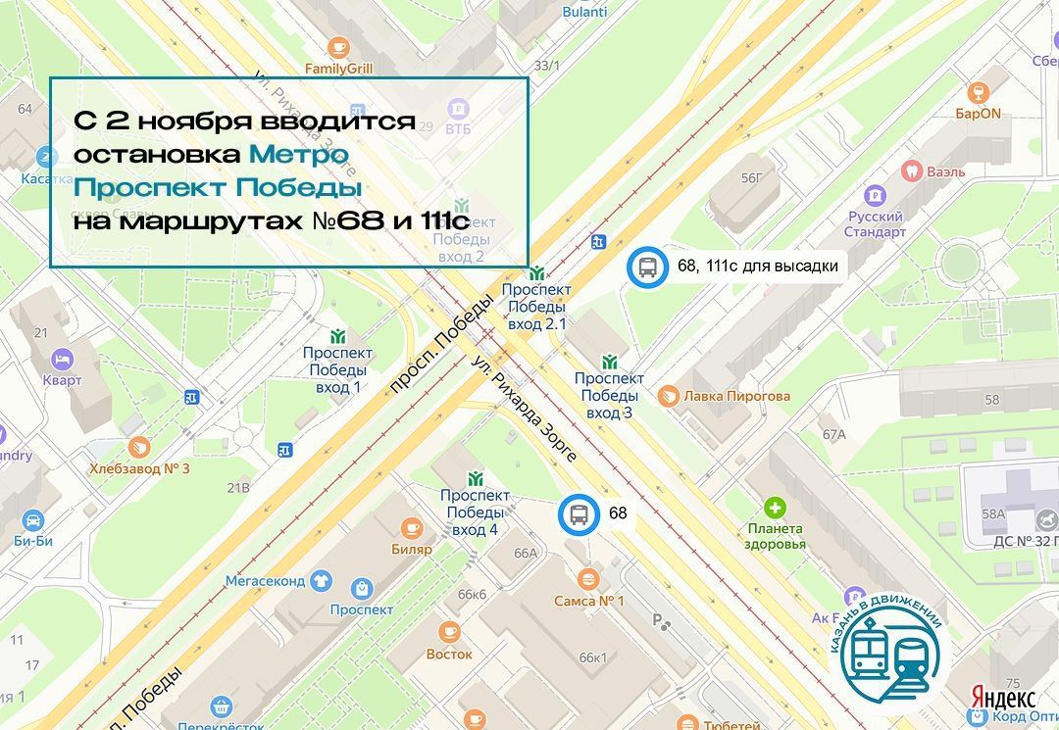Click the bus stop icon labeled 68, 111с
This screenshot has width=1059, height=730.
click(x=647, y=266)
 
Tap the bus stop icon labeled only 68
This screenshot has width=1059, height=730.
click(x=579, y=513)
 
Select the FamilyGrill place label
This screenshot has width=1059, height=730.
click(x=338, y=69)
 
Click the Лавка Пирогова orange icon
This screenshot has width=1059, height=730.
click(x=669, y=396)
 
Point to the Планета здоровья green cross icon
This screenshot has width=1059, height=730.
click(x=776, y=508)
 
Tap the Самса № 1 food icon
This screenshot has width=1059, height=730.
click(x=588, y=578)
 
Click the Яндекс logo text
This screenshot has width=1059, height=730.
click(x=1003, y=698)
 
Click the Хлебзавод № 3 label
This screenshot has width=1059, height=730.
click(x=139, y=468)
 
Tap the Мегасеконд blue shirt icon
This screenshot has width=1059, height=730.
click(x=320, y=580)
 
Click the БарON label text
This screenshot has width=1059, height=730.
click(x=978, y=114)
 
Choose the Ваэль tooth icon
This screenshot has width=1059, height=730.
click(x=911, y=170)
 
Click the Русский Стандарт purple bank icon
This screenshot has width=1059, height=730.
click(x=875, y=195)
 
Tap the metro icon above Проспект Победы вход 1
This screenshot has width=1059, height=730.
click(x=338, y=335)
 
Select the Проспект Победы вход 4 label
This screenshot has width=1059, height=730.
click(x=475, y=512)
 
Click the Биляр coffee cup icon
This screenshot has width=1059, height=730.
click(x=412, y=528)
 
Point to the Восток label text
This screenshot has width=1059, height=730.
click(x=449, y=654)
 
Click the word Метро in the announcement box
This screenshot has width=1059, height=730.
click(x=298, y=155)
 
